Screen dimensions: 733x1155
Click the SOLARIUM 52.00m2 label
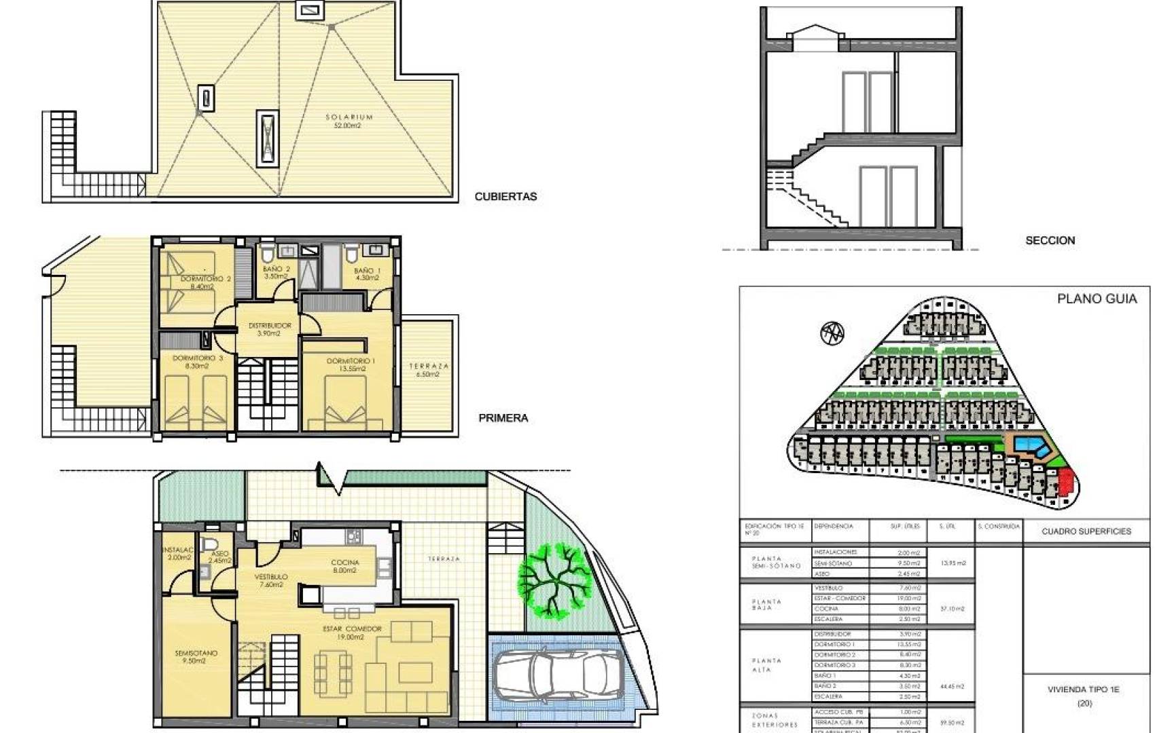[x=349, y=121]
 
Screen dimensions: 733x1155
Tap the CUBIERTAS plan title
[x=505, y=197]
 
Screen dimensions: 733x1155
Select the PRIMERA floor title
[x=503, y=418]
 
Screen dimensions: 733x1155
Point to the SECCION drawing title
[x=1050, y=240]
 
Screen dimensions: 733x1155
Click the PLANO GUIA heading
[x=1097, y=299]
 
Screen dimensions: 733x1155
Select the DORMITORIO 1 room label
[x=350, y=364]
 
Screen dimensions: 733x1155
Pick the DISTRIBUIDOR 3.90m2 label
[x=269, y=329]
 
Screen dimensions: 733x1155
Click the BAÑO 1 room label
[x=367, y=274]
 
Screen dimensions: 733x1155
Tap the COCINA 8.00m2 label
[x=344, y=566]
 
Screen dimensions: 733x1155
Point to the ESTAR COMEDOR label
[x=351, y=633]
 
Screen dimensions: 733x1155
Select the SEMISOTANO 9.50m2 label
[x=196, y=656]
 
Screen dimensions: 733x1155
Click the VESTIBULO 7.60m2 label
[x=270, y=580]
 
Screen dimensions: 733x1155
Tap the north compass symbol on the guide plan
[x=832, y=333]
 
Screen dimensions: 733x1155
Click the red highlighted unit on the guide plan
[x=1066, y=483]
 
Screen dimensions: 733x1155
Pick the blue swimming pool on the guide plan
[x=1032, y=446]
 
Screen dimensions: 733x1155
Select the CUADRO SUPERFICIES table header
[x=1086, y=531]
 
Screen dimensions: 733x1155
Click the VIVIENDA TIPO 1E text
[x=1083, y=690]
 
